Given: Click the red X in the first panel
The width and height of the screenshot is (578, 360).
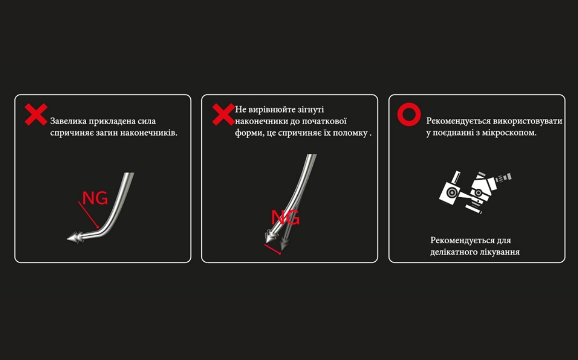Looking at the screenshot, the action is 36,114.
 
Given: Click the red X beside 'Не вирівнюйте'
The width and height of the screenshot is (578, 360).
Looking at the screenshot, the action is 223,114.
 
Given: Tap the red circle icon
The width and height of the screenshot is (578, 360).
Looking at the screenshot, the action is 409,114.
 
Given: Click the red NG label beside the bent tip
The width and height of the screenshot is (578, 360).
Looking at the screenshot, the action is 95,199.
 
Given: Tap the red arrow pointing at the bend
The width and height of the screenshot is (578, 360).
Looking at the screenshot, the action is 89,215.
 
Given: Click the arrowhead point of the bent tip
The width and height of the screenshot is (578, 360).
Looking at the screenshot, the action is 67,239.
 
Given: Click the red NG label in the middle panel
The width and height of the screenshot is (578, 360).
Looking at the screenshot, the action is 285,217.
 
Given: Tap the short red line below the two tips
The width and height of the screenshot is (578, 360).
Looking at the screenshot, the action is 273,250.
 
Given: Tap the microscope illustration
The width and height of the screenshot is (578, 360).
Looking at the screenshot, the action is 475,192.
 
